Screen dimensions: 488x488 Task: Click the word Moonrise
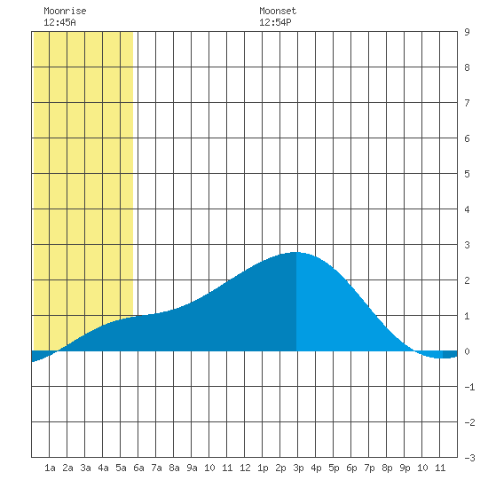65,11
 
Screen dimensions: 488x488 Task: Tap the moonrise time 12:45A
59,22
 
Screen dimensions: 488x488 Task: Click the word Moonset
278,11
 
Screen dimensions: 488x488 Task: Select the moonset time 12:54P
275,22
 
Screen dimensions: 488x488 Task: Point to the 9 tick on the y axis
467,32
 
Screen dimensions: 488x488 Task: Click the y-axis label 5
467,174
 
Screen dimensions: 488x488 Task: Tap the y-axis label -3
469,458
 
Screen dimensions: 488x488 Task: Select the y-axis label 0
467,351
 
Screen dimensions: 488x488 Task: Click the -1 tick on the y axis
469,387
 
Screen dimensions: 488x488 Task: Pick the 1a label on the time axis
50,468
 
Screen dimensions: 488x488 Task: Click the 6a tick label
138,468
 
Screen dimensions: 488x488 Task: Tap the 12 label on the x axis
245,468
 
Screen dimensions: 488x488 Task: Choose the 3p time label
298,468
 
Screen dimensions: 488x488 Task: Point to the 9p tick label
405,468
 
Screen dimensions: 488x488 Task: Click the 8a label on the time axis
174,468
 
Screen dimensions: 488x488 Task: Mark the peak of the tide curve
295,252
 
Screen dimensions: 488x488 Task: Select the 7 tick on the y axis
467,103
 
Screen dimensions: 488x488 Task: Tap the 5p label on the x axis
334,468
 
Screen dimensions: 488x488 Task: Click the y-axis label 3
467,245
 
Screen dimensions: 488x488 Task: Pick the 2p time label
280,468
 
